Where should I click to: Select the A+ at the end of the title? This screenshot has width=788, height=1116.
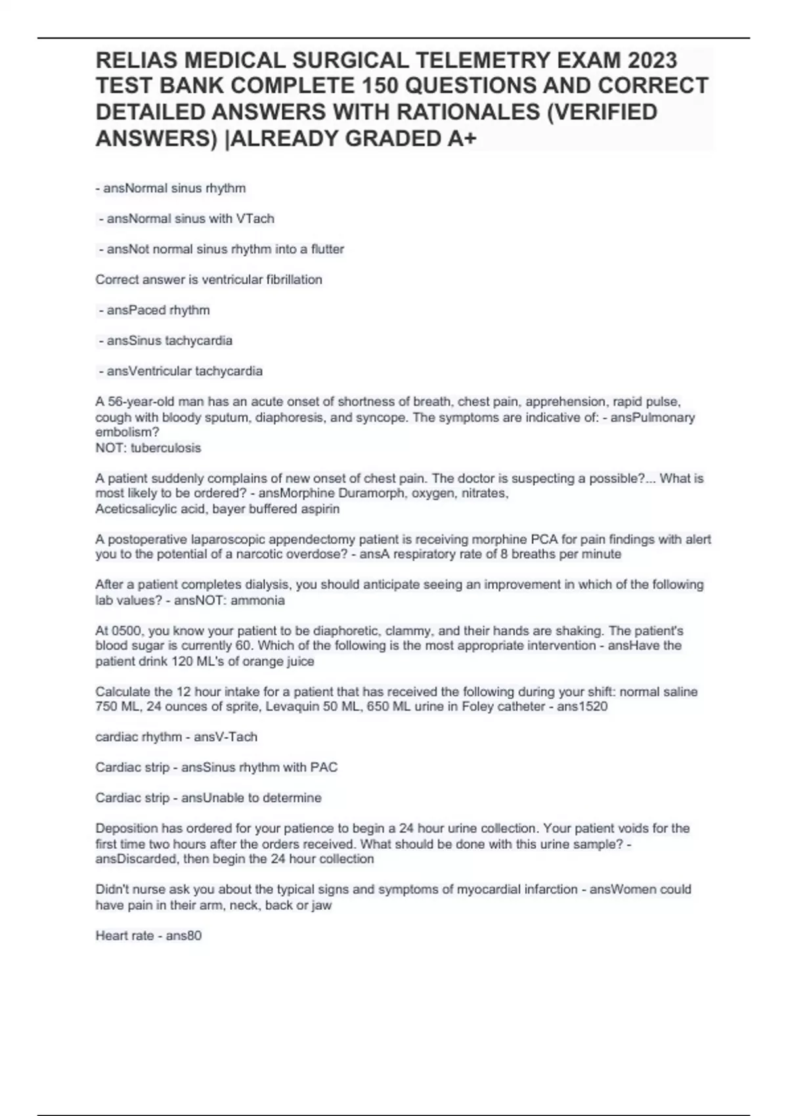(x=459, y=139)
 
